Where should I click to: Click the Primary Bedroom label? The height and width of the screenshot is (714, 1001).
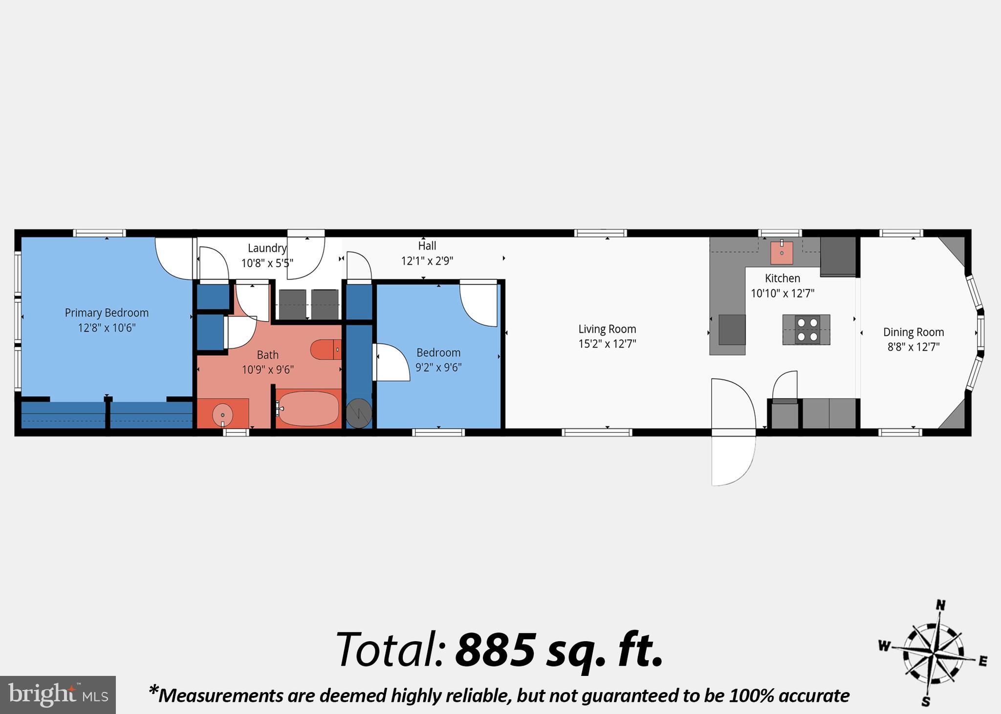click(x=107, y=313)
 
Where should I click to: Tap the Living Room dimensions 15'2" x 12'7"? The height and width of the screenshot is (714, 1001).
click(x=607, y=344)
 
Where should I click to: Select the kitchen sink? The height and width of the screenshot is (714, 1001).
click(x=782, y=252)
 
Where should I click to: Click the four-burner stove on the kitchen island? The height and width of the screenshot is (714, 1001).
click(x=807, y=330)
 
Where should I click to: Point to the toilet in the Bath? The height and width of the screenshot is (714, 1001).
click(x=325, y=349)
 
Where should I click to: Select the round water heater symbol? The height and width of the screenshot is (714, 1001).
click(x=359, y=413)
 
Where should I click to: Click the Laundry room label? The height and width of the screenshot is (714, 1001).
click(x=266, y=248)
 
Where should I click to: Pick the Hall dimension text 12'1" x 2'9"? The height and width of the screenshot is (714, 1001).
click(x=427, y=261)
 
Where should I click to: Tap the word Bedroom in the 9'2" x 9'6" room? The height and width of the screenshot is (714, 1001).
click(x=438, y=353)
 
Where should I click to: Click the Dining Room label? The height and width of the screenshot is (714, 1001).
click(x=913, y=332)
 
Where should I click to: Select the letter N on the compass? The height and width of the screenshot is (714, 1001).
click(x=940, y=606)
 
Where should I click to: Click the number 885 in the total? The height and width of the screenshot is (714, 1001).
click(x=495, y=650)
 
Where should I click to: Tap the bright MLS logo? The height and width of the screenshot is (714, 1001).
click(x=58, y=694)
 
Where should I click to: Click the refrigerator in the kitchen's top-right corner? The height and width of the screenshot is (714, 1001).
click(x=838, y=256)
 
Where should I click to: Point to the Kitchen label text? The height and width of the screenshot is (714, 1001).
click(x=782, y=278)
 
